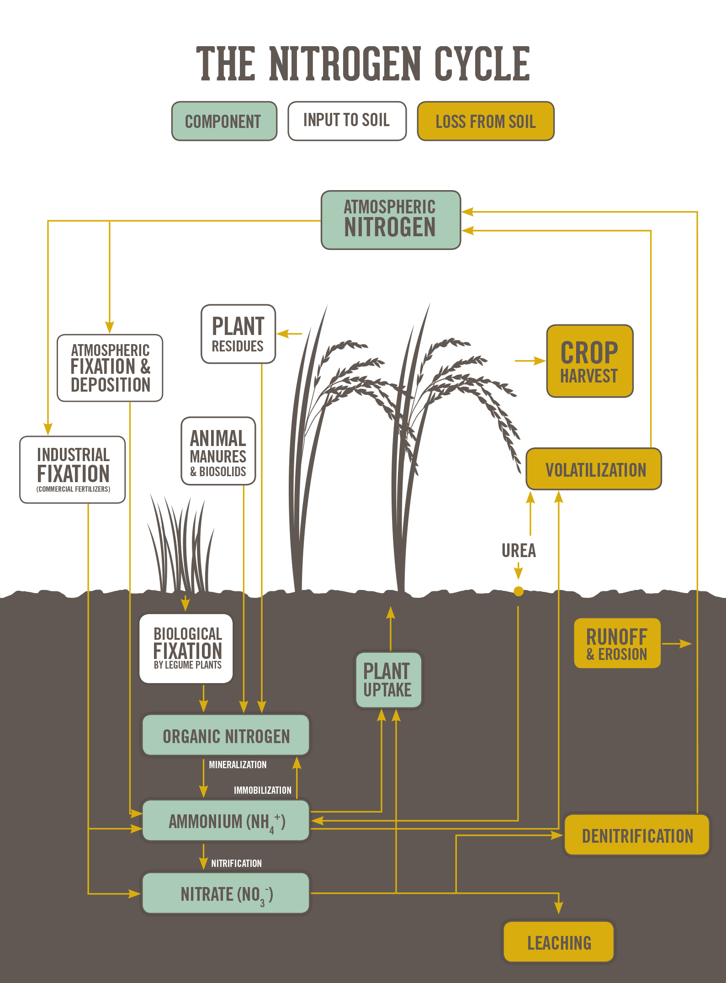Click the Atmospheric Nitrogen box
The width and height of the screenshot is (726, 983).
point(391,220)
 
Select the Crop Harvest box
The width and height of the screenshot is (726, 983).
point(589,361)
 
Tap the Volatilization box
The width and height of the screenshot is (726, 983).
point(594,469)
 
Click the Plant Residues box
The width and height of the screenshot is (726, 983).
point(238,334)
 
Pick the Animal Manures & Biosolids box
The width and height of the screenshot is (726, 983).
point(218,451)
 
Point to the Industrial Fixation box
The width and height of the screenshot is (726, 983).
point(73,470)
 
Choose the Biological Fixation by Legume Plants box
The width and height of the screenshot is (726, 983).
point(186,648)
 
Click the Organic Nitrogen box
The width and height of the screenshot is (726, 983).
point(226,736)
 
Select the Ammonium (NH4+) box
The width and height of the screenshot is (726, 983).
point(226,821)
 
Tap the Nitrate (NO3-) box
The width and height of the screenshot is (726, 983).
point(226,894)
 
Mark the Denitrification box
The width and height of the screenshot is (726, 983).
point(637,835)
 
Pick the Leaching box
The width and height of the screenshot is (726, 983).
point(559,942)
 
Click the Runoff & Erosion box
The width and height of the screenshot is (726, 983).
point(617,643)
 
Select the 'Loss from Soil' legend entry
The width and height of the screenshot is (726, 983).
point(486,121)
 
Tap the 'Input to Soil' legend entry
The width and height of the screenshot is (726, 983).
point(347,121)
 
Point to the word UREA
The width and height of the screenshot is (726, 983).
point(519,551)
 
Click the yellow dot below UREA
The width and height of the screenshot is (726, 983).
point(519,591)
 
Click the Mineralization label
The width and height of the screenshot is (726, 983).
point(238,765)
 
